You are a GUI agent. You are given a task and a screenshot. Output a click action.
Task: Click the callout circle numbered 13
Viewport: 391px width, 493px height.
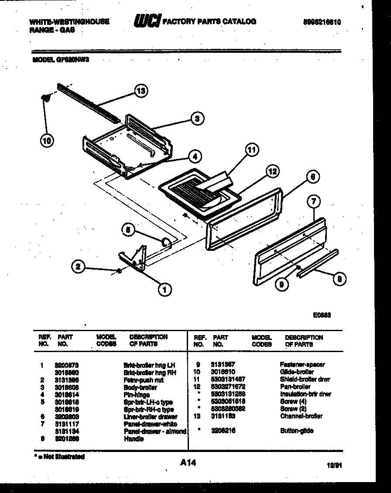tap(141, 92)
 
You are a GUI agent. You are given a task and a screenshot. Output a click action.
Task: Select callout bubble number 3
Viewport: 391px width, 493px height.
tap(197, 118)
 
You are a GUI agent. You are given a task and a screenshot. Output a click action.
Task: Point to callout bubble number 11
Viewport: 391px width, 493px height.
tap(250, 151)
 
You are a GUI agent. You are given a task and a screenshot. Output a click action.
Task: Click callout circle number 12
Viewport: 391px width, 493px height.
tap(272, 171)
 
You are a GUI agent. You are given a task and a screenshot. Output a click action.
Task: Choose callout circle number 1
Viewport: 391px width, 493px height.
tap(165, 289)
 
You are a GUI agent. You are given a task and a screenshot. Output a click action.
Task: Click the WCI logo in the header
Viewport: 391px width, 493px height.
tap(147, 21)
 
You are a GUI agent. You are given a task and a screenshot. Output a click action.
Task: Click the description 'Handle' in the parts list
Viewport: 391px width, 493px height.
tap(134, 439)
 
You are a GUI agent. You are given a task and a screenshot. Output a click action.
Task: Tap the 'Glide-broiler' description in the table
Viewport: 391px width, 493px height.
tap(296, 372)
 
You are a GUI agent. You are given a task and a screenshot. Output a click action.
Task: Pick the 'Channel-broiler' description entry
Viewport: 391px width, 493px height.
tap(301, 416)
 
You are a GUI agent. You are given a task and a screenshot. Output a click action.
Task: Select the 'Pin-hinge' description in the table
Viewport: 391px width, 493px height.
tap(137, 394)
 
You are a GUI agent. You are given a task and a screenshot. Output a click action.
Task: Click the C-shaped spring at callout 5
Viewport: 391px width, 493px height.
tap(166, 242)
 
